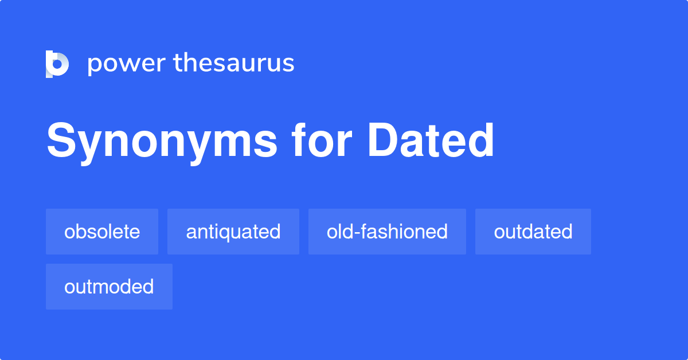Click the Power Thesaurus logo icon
[57, 64]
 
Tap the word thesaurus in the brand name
[234, 62]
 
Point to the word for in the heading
[321, 140]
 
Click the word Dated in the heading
[431, 140]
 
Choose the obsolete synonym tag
[102, 232]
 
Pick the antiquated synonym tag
[233, 232]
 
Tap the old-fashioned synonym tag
[387, 232]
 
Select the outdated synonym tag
[533, 232]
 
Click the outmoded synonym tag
[109, 287]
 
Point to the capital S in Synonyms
[61, 140]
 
